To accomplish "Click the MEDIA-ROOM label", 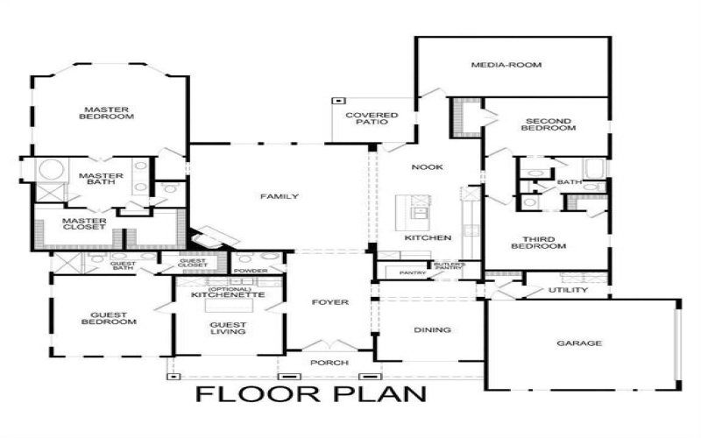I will [x=506, y=65].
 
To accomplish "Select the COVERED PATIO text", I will [x=372, y=121].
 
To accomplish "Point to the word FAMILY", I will [x=280, y=197].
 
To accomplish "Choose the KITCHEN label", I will [x=428, y=238].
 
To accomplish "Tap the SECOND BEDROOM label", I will [x=548, y=124].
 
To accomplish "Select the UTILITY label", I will [x=568, y=290].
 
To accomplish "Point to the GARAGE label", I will [x=579, y=343].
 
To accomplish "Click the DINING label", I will [x=433, y=330].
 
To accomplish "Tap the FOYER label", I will [x=330, y=303].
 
